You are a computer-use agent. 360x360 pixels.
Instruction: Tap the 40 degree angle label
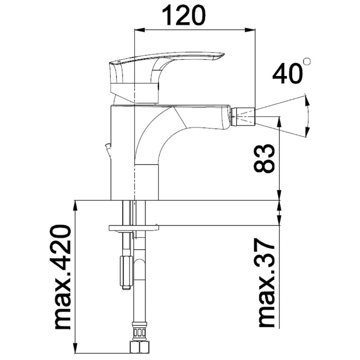(x=287, y=74)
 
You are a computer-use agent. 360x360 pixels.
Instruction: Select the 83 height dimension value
(x=264, y=159)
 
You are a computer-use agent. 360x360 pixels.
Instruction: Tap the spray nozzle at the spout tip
(x=243, y=117)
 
